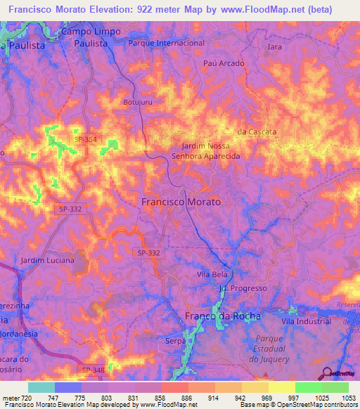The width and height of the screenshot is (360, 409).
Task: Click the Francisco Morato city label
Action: (181, 202)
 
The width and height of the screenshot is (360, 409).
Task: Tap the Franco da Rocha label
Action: (222, 316)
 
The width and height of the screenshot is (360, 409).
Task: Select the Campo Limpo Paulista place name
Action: (91, 37)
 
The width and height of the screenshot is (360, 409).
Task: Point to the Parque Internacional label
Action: (167, 43)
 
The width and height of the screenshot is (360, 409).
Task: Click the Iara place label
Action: (275, 47)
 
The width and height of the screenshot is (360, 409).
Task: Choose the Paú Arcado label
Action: (223, 63)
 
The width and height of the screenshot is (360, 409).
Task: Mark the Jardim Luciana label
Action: (47, 261)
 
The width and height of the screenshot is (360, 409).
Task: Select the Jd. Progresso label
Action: (243, 288)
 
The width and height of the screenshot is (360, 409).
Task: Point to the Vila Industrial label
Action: (305, 320)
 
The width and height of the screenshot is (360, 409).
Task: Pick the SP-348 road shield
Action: (93, 370)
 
